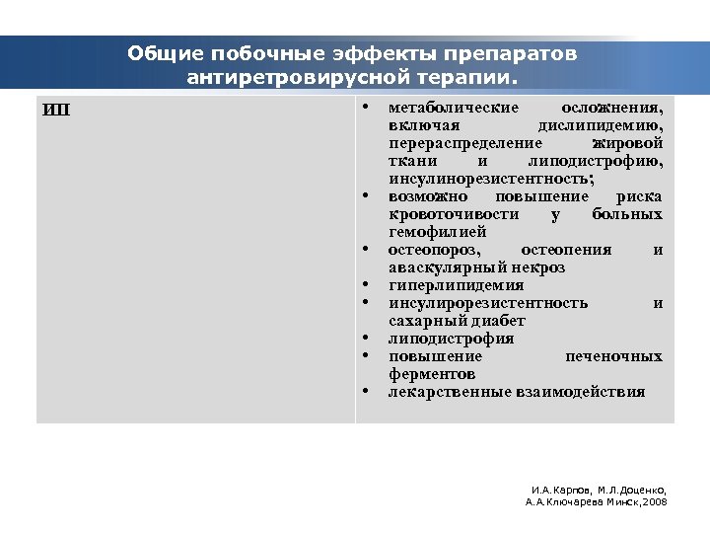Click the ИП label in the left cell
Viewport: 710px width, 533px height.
[56, 109]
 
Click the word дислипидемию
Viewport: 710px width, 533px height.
[601, 125]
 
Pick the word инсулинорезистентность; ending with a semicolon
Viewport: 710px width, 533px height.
[491, 179]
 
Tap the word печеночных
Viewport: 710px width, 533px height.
[613, 356]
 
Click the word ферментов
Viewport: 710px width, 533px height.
[432, 374]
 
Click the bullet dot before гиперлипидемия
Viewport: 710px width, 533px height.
[365, 285]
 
